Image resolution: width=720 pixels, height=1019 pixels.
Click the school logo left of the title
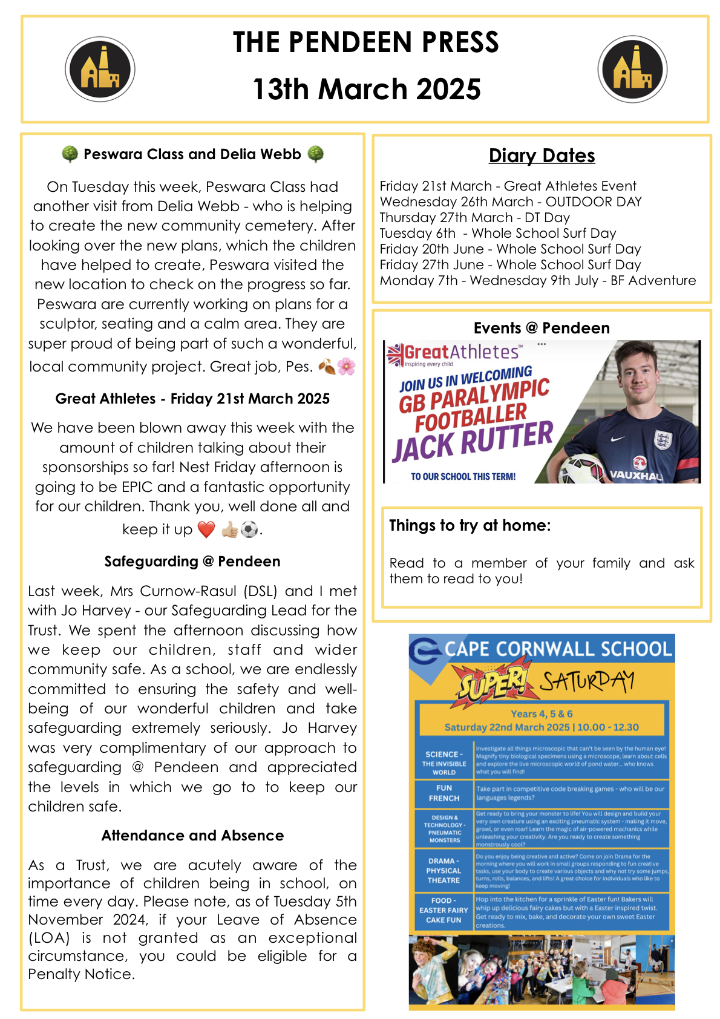(x=100, y=69)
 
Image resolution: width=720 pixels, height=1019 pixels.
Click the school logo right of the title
(x=632, y=69)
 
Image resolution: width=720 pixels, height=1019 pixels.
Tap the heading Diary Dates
(x=542, y=156)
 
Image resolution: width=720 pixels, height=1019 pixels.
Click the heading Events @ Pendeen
(x=542, y=328)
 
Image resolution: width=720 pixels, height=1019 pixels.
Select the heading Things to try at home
(x=470, y=525)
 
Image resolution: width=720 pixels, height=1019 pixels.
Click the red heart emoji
(x=206, y=529)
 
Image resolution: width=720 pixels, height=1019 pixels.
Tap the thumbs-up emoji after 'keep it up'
(x=229, y=529)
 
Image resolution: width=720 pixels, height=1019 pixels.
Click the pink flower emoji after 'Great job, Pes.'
(x=346, y=366)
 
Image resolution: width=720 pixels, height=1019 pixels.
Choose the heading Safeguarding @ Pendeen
(x=192, y=562)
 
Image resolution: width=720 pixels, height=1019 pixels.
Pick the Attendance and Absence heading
(x=192, y=836)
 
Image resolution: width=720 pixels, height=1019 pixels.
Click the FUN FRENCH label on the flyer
(x=444, y=793)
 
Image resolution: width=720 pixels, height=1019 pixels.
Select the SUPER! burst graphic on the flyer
(x=493, y=683)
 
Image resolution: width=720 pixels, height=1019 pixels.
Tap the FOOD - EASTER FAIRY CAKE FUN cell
(x=443, y=910)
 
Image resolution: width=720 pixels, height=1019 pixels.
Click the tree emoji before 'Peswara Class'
(x=70, y=154)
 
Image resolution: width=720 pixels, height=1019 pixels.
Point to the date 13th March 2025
(x=366, y=89)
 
